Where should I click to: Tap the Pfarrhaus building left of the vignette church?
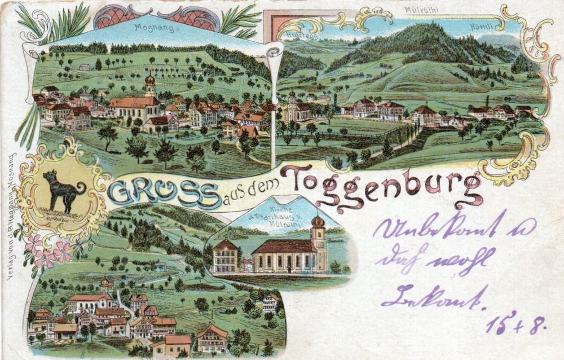[226, 257]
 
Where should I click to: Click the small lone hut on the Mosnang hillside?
[84, 67]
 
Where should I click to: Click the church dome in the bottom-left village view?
[105, 283]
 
